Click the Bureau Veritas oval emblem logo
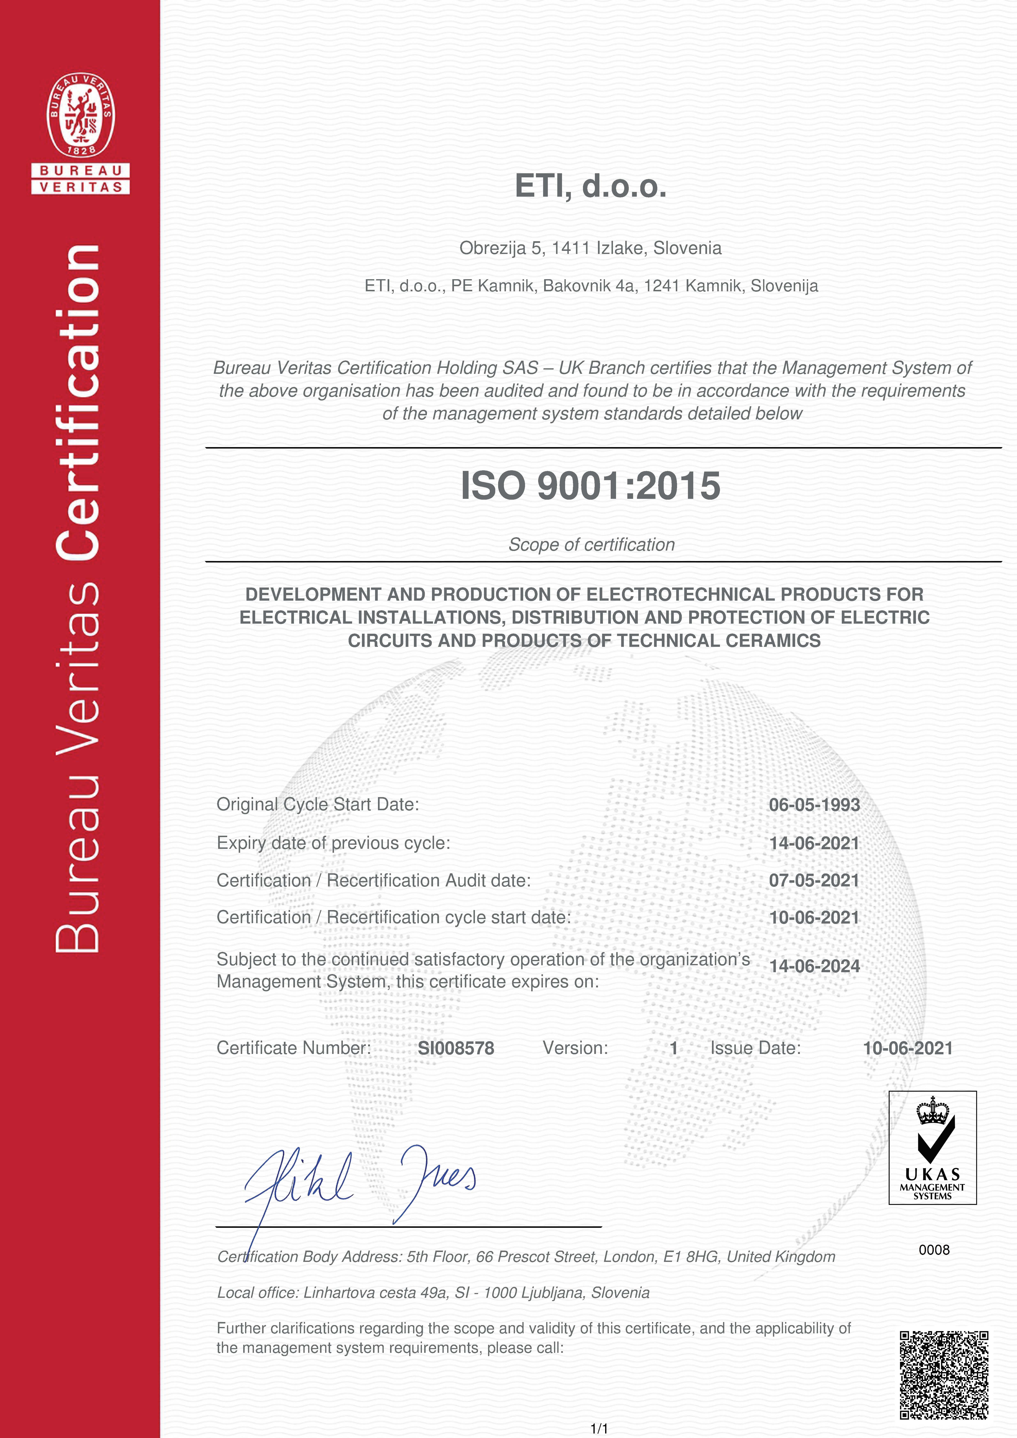point(81,115)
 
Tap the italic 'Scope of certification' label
point(591,544)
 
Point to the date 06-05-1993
point(814,805)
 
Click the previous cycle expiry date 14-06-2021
point(814,843)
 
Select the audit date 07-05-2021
point(814,880)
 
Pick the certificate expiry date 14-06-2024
point(814,966)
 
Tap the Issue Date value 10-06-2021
point(907,1048)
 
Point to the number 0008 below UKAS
point(934,1250)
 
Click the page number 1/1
point(599,1428)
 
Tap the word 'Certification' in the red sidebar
point(78,401)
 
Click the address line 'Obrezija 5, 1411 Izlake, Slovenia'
point(590,248)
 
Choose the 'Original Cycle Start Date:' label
point(318,804)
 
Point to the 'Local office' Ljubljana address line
point(433,1292)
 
